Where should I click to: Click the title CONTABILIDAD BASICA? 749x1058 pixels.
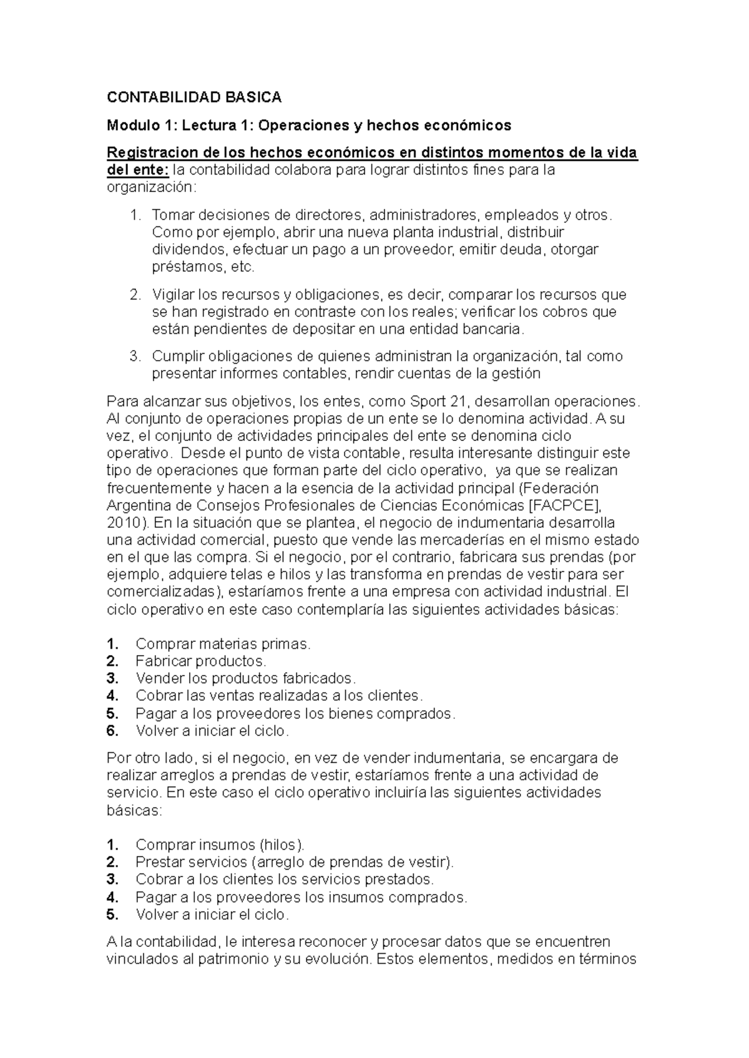194,97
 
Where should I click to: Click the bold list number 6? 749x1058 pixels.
112,730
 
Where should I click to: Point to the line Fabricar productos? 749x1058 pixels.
200,661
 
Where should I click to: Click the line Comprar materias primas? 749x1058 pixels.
223,644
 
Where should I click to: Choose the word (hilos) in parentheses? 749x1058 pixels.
282,845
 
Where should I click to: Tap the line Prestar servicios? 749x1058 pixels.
295,863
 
